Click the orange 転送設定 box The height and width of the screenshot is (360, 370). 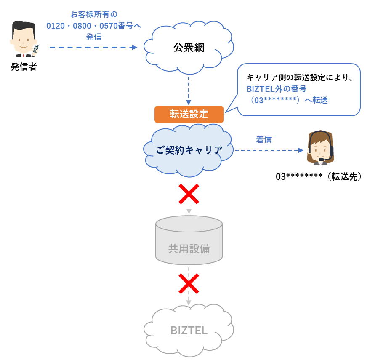pos(189,114)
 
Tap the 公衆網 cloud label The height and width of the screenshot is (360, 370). pos(189,48)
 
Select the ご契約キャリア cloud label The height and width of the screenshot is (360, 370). pos(189,150)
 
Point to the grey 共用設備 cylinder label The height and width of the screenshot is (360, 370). pos(189,249)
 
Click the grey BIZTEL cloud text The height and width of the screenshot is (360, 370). pos(189,331)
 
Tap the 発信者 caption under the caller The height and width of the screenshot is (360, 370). pos(24,67)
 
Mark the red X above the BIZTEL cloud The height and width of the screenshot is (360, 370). pos(189,283)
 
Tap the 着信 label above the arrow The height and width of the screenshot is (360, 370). pos(264,139)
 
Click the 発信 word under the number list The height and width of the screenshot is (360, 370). pos(93,37)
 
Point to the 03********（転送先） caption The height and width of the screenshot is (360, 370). pos(319,177)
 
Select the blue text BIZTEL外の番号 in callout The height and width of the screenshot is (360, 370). pos(276,89)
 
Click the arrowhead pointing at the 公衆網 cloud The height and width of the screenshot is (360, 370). pos(135,48)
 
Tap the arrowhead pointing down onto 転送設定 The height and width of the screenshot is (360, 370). pos(189,102)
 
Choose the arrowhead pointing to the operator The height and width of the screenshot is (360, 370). pos(301,150)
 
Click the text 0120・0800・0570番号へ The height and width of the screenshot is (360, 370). pos(93,26)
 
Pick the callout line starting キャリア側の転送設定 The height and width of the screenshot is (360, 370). pos(299,77)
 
